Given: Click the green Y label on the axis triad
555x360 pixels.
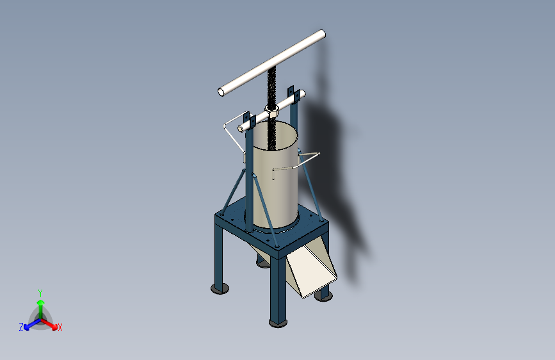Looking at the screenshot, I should [x=40, y=292].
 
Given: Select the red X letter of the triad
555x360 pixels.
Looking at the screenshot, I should [x=60, y=328].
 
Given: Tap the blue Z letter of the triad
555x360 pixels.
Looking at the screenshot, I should [x=21, y=327].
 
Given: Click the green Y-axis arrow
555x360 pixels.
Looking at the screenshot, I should [x=40, y=305].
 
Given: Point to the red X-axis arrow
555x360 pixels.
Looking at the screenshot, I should [x=51, y=322].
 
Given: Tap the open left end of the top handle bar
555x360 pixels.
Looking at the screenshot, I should [x=222, y=92].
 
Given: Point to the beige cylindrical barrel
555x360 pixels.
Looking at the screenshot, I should [x=275, y=179].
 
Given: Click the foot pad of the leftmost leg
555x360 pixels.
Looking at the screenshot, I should [x=220, y=290].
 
